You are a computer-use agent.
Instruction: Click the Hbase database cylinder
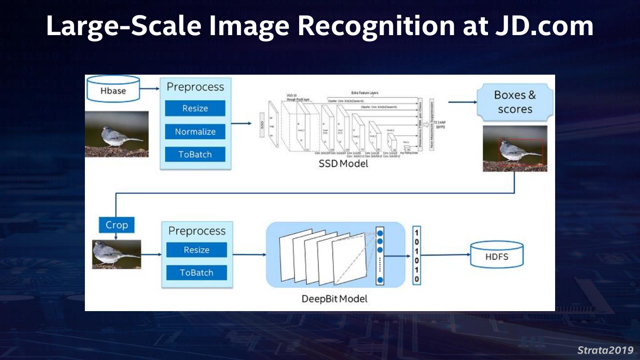point(113,90)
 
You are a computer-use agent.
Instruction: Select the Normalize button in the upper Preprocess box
point(195,132)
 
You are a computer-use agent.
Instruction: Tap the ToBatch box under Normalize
point(195,154)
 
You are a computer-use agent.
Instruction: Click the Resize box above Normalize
point(195,108)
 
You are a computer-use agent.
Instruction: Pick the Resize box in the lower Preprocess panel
point(196,250)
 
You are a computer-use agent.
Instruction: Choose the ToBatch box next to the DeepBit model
point(196,272)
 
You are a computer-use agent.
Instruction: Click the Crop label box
point(116,225)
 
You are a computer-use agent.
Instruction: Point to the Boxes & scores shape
point(515,102)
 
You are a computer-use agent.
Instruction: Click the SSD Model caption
point(343,164)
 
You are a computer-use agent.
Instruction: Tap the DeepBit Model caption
point(335,299)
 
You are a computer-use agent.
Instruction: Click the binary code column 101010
point(416,256)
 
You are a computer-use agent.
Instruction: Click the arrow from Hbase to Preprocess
point(150,88)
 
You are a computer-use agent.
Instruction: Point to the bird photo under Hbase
point(117,134)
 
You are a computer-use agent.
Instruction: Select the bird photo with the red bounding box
point(515,148)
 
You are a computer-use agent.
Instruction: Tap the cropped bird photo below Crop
point(116,254)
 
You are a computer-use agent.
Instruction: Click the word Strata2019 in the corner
point(605,350)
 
